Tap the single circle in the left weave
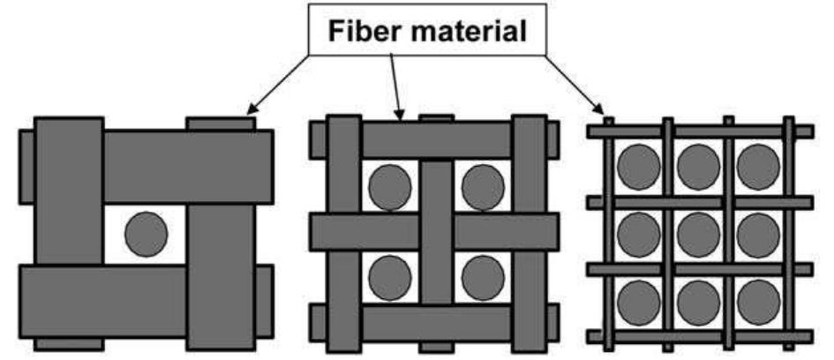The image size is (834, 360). pyautogui.click(x=147, y=234)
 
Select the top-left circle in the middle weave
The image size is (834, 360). pyautogui.click(x=390, y=187)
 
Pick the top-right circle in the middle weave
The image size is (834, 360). pyautogui.click(x=483, y=187)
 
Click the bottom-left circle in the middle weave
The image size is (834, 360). pyautogui.click(x=390, y=278)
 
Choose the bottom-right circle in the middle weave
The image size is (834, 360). pyautogui.click(x=483, y=278)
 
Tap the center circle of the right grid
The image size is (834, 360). pyautogui.click(x=698, y=235)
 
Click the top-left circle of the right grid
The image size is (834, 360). pyautogui.click(x=639, y=167)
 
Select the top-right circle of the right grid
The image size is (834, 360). pyautogui.click(x=758, y=167)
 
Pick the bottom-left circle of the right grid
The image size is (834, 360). pyautogui.click(x=639, y=302)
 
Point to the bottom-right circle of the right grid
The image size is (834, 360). pyautogui.click(x=758, y=302)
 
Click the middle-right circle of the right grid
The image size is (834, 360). pyautogui.click(x=758, y=235)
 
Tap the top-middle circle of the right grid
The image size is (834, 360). pyautogui.click(x=698, y=167)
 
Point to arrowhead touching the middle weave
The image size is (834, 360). pyautogui.click(x=399, y=114)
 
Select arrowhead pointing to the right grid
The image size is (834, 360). pyautogui.click(x=598, y=109)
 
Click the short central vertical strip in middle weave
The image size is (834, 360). pyautogui.click(x=436, y=232)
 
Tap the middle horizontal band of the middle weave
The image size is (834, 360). pyautogui.click(x=434, y=232)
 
